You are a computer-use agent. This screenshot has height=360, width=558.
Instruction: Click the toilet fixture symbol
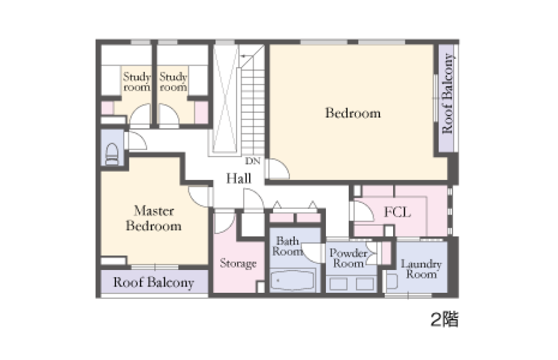112,154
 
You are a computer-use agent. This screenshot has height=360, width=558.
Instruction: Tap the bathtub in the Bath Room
293,280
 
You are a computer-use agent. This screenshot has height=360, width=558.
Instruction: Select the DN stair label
253,161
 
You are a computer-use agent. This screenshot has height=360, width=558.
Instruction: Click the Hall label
239,178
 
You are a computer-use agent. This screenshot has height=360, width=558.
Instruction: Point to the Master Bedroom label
154,218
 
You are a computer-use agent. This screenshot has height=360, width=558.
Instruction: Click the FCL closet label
397,213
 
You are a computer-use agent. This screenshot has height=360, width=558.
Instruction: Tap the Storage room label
238,263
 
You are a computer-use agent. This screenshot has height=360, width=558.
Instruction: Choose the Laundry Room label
421,269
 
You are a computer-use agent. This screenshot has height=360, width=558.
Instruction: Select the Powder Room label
348,258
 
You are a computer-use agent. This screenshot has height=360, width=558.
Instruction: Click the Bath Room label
288,246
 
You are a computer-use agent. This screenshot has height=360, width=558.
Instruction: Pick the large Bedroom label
353,113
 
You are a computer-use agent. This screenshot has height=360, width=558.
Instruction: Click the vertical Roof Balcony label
447,93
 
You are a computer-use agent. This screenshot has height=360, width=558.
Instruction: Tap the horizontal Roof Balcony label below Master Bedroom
154,282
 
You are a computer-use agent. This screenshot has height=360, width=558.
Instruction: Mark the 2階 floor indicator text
445,319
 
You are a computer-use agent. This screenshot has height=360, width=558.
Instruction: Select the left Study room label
137,82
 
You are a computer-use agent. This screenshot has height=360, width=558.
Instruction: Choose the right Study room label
173,82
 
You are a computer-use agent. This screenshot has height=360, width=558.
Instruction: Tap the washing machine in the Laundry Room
392,281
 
